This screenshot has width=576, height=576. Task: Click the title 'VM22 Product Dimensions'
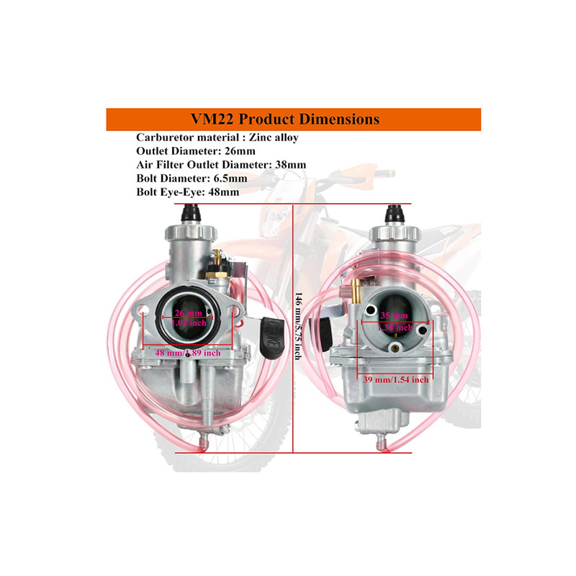click(294, 119)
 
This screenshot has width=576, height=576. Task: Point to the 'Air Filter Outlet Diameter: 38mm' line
click(221, 165)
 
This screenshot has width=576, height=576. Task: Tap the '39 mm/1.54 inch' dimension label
click(396, 379)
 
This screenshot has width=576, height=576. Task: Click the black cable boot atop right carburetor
click(395, 213)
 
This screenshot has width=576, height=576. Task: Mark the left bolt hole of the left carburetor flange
click(144, 315)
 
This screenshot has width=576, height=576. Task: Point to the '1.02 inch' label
click(190, 324)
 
